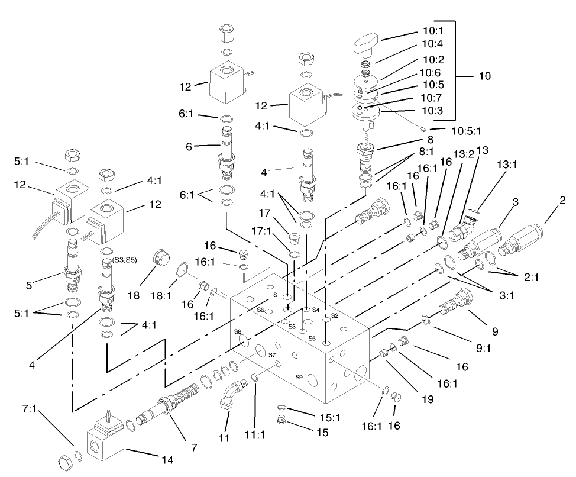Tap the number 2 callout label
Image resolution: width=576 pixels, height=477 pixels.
[x=562, y=201]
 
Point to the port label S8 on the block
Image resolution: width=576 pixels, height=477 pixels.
[x=238, y=332]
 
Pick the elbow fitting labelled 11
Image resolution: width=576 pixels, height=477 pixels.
[x=231, y=394]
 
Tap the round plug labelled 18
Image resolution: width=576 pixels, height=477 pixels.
[x=159, y=259]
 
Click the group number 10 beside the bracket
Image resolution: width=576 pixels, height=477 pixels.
[x=485, y=76]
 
